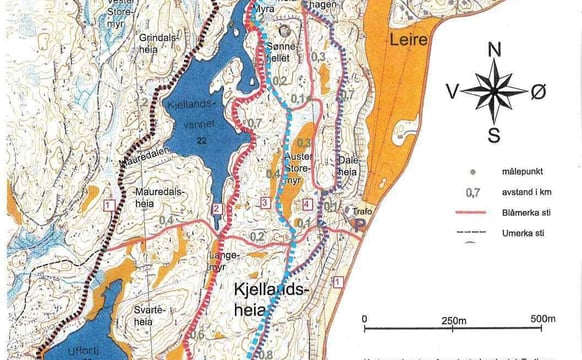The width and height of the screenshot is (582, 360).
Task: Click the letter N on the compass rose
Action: click(x=492, y=49)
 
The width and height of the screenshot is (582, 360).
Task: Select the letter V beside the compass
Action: click(x=452, y=92)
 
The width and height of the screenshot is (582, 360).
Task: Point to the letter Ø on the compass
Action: click(x=539, y=92)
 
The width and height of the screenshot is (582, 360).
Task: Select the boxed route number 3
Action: click(x=263, y=202)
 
